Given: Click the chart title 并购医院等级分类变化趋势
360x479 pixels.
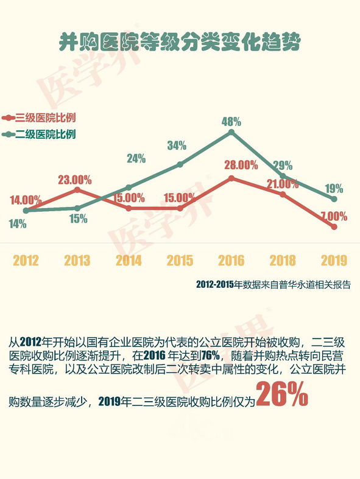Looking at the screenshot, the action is pyautogui.click(x=180, y=41).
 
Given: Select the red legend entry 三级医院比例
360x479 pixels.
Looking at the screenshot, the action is pyautogui.click(x=38, y=117).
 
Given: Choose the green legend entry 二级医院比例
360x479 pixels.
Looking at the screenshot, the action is pyautogui.click(x=38, y=134).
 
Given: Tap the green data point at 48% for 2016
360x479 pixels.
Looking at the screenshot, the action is pyautogui.click(x=231, y=132).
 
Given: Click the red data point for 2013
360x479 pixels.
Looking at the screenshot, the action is pyautogui.click(x=77, y=190).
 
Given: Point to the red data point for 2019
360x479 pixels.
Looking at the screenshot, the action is pyautogui.click(x=334, y=226).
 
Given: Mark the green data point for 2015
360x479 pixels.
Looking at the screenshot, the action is pyautogui.click(x=180, y=164).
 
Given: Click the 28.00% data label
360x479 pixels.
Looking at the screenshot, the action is pyautogui.click(x=241, y=166).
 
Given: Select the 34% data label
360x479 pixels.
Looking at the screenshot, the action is pyautogui.click(x=177, y=145).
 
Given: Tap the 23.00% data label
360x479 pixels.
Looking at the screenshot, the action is pyautogui.click(x=75, y=180).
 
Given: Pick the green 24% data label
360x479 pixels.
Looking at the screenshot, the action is pyautogui.click(x=136, y=158).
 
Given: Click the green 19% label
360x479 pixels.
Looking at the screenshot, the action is pyautogui.click(x=334, y=189).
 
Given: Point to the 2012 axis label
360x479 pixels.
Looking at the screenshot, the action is pyautogui.click(x=26, y=260).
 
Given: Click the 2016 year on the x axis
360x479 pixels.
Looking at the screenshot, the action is pyautogui.click(x=231, y=260).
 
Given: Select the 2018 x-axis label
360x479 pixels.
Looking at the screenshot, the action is pyautogui.click(x=283, y=260).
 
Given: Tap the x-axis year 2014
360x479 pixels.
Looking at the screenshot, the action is pyautogui.click(x=129, y=260).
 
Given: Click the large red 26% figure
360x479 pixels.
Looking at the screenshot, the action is pyautogui.click(x=282, y=394).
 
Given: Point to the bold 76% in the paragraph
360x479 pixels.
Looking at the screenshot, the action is pyautogui.click(x=211, y=355).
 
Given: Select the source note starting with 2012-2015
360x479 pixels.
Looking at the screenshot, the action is pyautogui.click(x=273, y=284).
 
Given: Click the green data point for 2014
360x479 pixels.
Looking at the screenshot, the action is pyautogui.click(x=129, y=187).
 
